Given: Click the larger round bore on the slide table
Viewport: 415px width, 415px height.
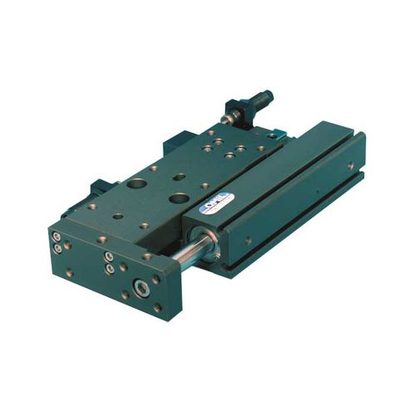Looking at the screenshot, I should pos(136,184).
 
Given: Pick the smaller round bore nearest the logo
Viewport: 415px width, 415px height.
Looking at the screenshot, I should pos(178,198).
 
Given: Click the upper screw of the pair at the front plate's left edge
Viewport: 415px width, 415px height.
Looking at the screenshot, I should pos(56,237).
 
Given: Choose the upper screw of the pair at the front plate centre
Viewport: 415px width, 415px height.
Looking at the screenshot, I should pos(109,257).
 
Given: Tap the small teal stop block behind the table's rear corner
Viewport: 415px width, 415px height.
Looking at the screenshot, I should pos(275,134).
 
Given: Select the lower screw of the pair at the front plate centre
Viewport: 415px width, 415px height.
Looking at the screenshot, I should pos(110,268).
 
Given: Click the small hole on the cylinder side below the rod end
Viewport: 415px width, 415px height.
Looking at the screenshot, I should pos(248,241).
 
